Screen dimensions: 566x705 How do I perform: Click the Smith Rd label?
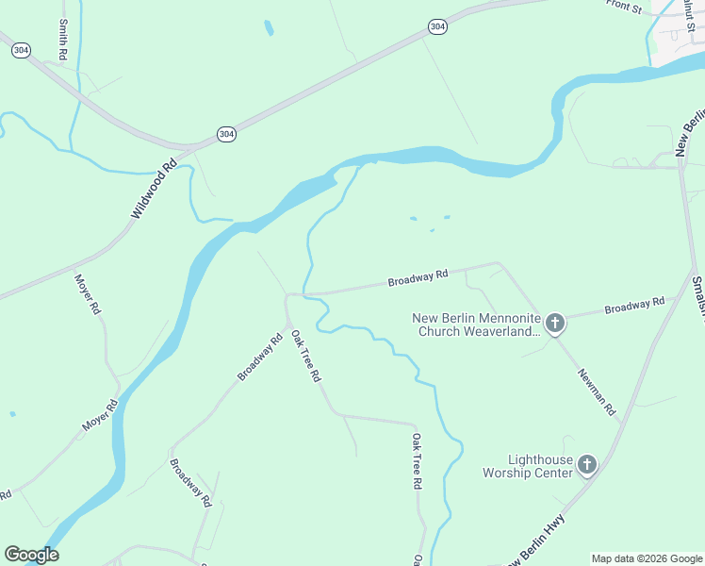63,41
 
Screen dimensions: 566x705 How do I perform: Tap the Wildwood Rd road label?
155,189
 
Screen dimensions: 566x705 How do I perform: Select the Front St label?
624,8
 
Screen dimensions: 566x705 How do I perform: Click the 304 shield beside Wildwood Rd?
226,135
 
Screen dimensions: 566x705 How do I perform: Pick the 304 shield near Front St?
436,26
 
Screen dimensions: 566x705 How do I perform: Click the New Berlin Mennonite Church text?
477,325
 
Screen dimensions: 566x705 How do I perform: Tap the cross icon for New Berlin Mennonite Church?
555,325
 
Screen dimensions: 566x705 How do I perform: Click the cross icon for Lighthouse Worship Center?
587,464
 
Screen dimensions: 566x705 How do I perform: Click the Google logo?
31,555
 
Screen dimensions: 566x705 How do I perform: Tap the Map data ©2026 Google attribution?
647,558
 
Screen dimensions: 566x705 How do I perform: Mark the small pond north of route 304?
269,27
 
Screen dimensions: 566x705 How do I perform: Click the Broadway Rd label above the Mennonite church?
418,278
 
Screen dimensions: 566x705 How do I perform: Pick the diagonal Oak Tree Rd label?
305,356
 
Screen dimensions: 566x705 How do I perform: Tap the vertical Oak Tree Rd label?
416,460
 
